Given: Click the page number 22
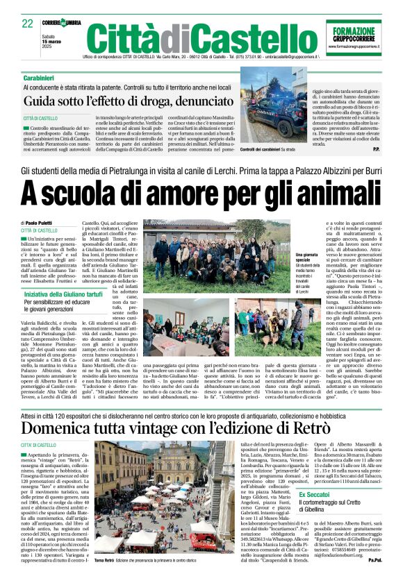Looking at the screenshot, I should (27, 24).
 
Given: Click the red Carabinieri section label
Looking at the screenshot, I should (41, 78).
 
